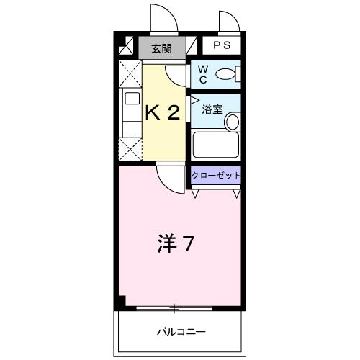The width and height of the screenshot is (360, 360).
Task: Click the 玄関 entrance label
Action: [162, 49]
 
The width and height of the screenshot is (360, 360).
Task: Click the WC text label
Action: [202, 73]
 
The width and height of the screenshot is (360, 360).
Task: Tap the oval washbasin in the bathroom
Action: [232, 122]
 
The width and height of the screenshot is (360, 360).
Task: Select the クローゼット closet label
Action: [216, 175]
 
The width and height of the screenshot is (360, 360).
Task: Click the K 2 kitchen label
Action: [163, 112]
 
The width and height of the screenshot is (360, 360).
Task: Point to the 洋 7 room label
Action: [174, 244]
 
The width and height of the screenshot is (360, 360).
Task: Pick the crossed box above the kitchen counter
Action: [130, 74]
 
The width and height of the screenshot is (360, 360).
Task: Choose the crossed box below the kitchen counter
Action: [130, 149]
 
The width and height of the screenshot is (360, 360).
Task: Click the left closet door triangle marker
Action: [196, 194]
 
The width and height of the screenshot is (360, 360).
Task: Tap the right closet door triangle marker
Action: [235, 194]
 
